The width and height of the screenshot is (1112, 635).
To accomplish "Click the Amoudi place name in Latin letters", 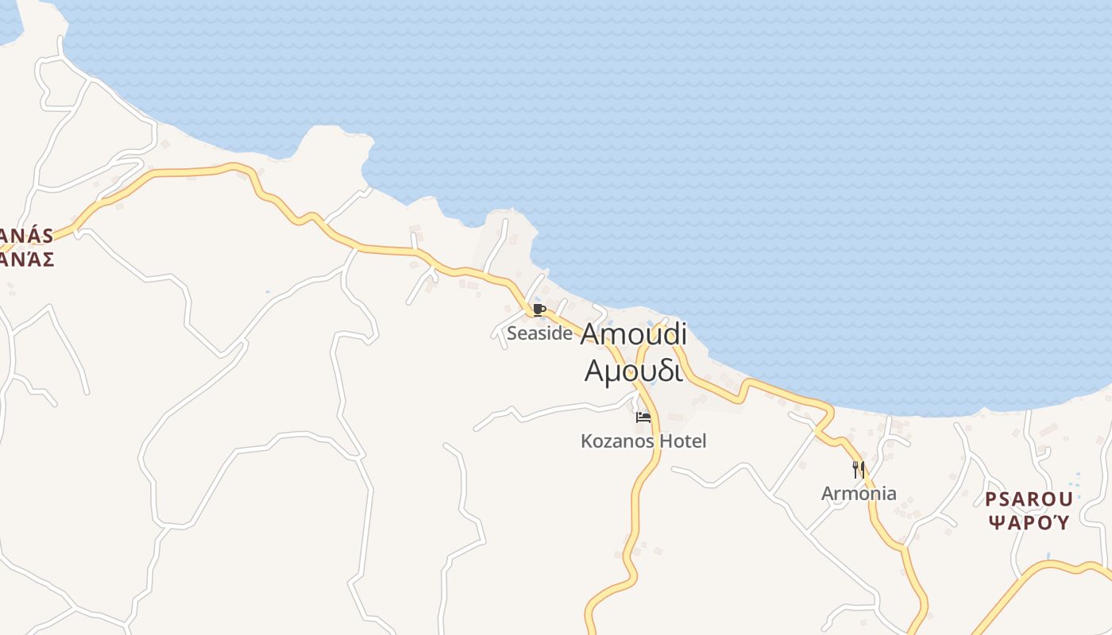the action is click(x=633, y=335).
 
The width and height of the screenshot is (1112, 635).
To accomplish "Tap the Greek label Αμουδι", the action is click(x=633, y=371).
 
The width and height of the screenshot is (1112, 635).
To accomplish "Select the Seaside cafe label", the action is click(x=539, y=333).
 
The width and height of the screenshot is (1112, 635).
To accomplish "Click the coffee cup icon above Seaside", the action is click(x=539, y=310).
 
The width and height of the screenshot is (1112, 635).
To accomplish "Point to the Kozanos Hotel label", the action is click(x=643, y=441).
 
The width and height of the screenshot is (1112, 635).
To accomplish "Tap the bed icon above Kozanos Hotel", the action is click(x=643, y=418).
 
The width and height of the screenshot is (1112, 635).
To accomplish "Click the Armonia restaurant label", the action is click(x=859, y=494).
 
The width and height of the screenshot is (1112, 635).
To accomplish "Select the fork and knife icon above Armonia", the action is click(x=859, y=470).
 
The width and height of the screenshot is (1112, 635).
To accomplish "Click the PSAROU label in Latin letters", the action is click(x=1029, y=500).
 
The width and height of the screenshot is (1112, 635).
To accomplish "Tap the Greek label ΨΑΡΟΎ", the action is click(x=1029, y=522).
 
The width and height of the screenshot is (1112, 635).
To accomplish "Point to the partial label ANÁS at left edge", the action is click(x=27, y=237).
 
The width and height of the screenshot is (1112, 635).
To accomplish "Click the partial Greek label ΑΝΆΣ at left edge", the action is click(x=27, y=259).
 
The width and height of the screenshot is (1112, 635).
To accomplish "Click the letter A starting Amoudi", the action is click(x=593, y=335).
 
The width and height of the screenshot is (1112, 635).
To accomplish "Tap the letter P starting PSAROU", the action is click(x=991, y=500).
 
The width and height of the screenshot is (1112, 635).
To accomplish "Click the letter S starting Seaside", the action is click(x=512, y=333).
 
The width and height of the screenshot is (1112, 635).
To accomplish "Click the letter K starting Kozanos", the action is click(x=586, y=441).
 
